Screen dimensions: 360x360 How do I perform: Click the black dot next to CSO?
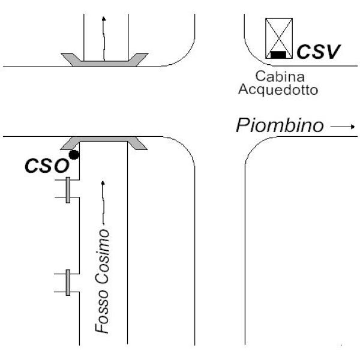click(x=74, y=155)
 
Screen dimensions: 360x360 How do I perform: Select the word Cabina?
click(x=280, y=77)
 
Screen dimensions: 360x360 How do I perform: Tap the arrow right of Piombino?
click(x=343, y=127)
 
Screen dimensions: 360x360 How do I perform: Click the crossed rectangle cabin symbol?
click(x=279, y=37)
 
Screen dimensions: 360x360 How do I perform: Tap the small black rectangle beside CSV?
click(x=278, y=55)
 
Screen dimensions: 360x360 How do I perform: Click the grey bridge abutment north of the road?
click(x=104, y=59)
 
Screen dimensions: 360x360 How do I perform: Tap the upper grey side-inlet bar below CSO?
click(x=68, y=190)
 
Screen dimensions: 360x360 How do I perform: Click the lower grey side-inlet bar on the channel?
click(x=68, y=283)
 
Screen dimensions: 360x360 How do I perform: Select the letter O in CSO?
click(x=61, y=166)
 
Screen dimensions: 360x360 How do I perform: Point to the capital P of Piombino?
click(x=242, y=126)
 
